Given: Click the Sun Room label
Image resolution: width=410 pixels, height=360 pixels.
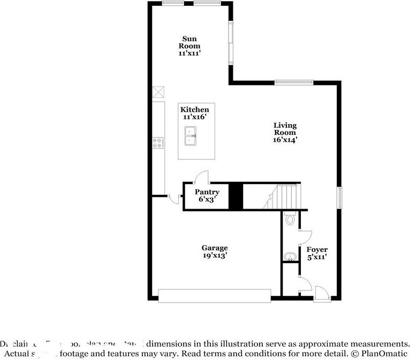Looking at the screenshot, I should pyautogui.click(x=189, y=42).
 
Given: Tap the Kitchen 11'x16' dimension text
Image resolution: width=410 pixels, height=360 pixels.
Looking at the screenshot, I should pyautogui.click(x=194, y=117).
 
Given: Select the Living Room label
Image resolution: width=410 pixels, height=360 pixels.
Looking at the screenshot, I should pyautogui.click(x=285, y=129).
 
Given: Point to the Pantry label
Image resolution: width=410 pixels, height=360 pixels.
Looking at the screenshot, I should pyautogui.click(x=207, y=192).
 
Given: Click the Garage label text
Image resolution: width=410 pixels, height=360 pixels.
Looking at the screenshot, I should pyautogui.click(x=215, y=248).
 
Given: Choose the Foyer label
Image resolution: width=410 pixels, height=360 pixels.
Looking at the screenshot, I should pyautogui.click(x=316, y=250).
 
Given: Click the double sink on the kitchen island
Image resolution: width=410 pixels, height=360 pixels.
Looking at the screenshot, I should pyautogui.click(x=191, y=136).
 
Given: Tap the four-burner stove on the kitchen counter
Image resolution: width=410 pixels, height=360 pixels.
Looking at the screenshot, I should pyautogui.click(x=158, y=143).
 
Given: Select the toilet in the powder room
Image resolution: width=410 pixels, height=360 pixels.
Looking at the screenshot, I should pyautogui.click(x=290, y=218).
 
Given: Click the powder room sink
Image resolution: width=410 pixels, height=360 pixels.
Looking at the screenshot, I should pyautogui.click(x=290, y=256).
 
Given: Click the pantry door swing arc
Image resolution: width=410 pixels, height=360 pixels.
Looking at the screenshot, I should pyautogui.click(x=201, y=177).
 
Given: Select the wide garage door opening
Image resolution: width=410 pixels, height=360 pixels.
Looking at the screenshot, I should pyautogui.click(x=215, y=295).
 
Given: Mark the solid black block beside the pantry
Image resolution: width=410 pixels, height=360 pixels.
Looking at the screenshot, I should pyautogui.click(x=236, y=196).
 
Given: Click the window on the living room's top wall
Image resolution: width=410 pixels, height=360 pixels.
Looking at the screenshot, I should pyautogui.click(x=293, y=82).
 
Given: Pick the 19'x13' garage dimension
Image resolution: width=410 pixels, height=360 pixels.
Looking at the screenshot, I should pyautogui.click(x=215, y=256).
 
